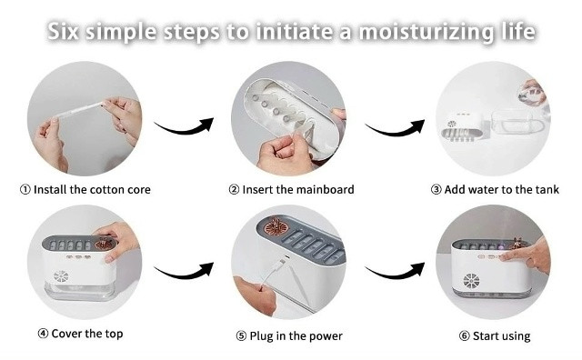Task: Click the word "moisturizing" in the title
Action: [426, 33]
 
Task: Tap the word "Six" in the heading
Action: [63, 31]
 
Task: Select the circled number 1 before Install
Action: [25, 190]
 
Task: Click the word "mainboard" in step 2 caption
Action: [326, 190]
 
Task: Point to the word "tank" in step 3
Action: [547, 190]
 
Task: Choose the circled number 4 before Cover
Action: [43, 334]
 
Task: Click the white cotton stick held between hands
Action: [78, 111]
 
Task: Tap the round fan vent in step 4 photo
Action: [61, 276]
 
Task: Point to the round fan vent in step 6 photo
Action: [471, 281]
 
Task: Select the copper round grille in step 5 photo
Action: [275, 226]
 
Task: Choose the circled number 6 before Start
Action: [465, 335]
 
